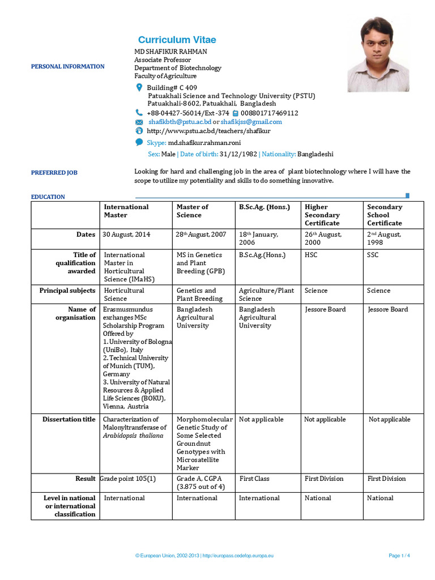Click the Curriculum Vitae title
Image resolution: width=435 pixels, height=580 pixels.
click(x=177, y=40)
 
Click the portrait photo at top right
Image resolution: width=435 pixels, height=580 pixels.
click(x=378, y=54)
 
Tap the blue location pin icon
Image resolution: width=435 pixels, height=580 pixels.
click(x=139, y=88)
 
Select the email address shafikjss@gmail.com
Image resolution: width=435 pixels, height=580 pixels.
click(x=251, y=122)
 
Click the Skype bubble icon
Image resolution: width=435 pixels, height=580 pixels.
click(x=139, y=143)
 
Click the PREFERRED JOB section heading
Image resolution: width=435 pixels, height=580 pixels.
click(x=54, y=173)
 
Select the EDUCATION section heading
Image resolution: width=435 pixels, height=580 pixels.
click(x=48, y=197)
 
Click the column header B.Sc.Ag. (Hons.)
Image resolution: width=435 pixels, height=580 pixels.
click(x=264, y=207)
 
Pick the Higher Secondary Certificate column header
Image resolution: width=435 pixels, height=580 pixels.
click(x=322, y=215)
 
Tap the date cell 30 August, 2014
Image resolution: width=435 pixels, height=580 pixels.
click(x=126, y=234)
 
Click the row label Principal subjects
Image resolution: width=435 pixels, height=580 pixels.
click(x=67, y=291)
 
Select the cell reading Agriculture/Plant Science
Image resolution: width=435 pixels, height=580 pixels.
click(x=266, y=295)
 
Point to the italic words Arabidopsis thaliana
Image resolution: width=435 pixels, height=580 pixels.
click(x=133, y=436)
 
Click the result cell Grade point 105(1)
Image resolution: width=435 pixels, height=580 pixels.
click(x=128, y=479)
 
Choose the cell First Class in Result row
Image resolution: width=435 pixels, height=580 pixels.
click(x=254, y=479)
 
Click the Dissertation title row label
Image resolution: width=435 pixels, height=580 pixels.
click(x=69, y=420)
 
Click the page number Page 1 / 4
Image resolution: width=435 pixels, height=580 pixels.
click(x=399, y=556)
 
